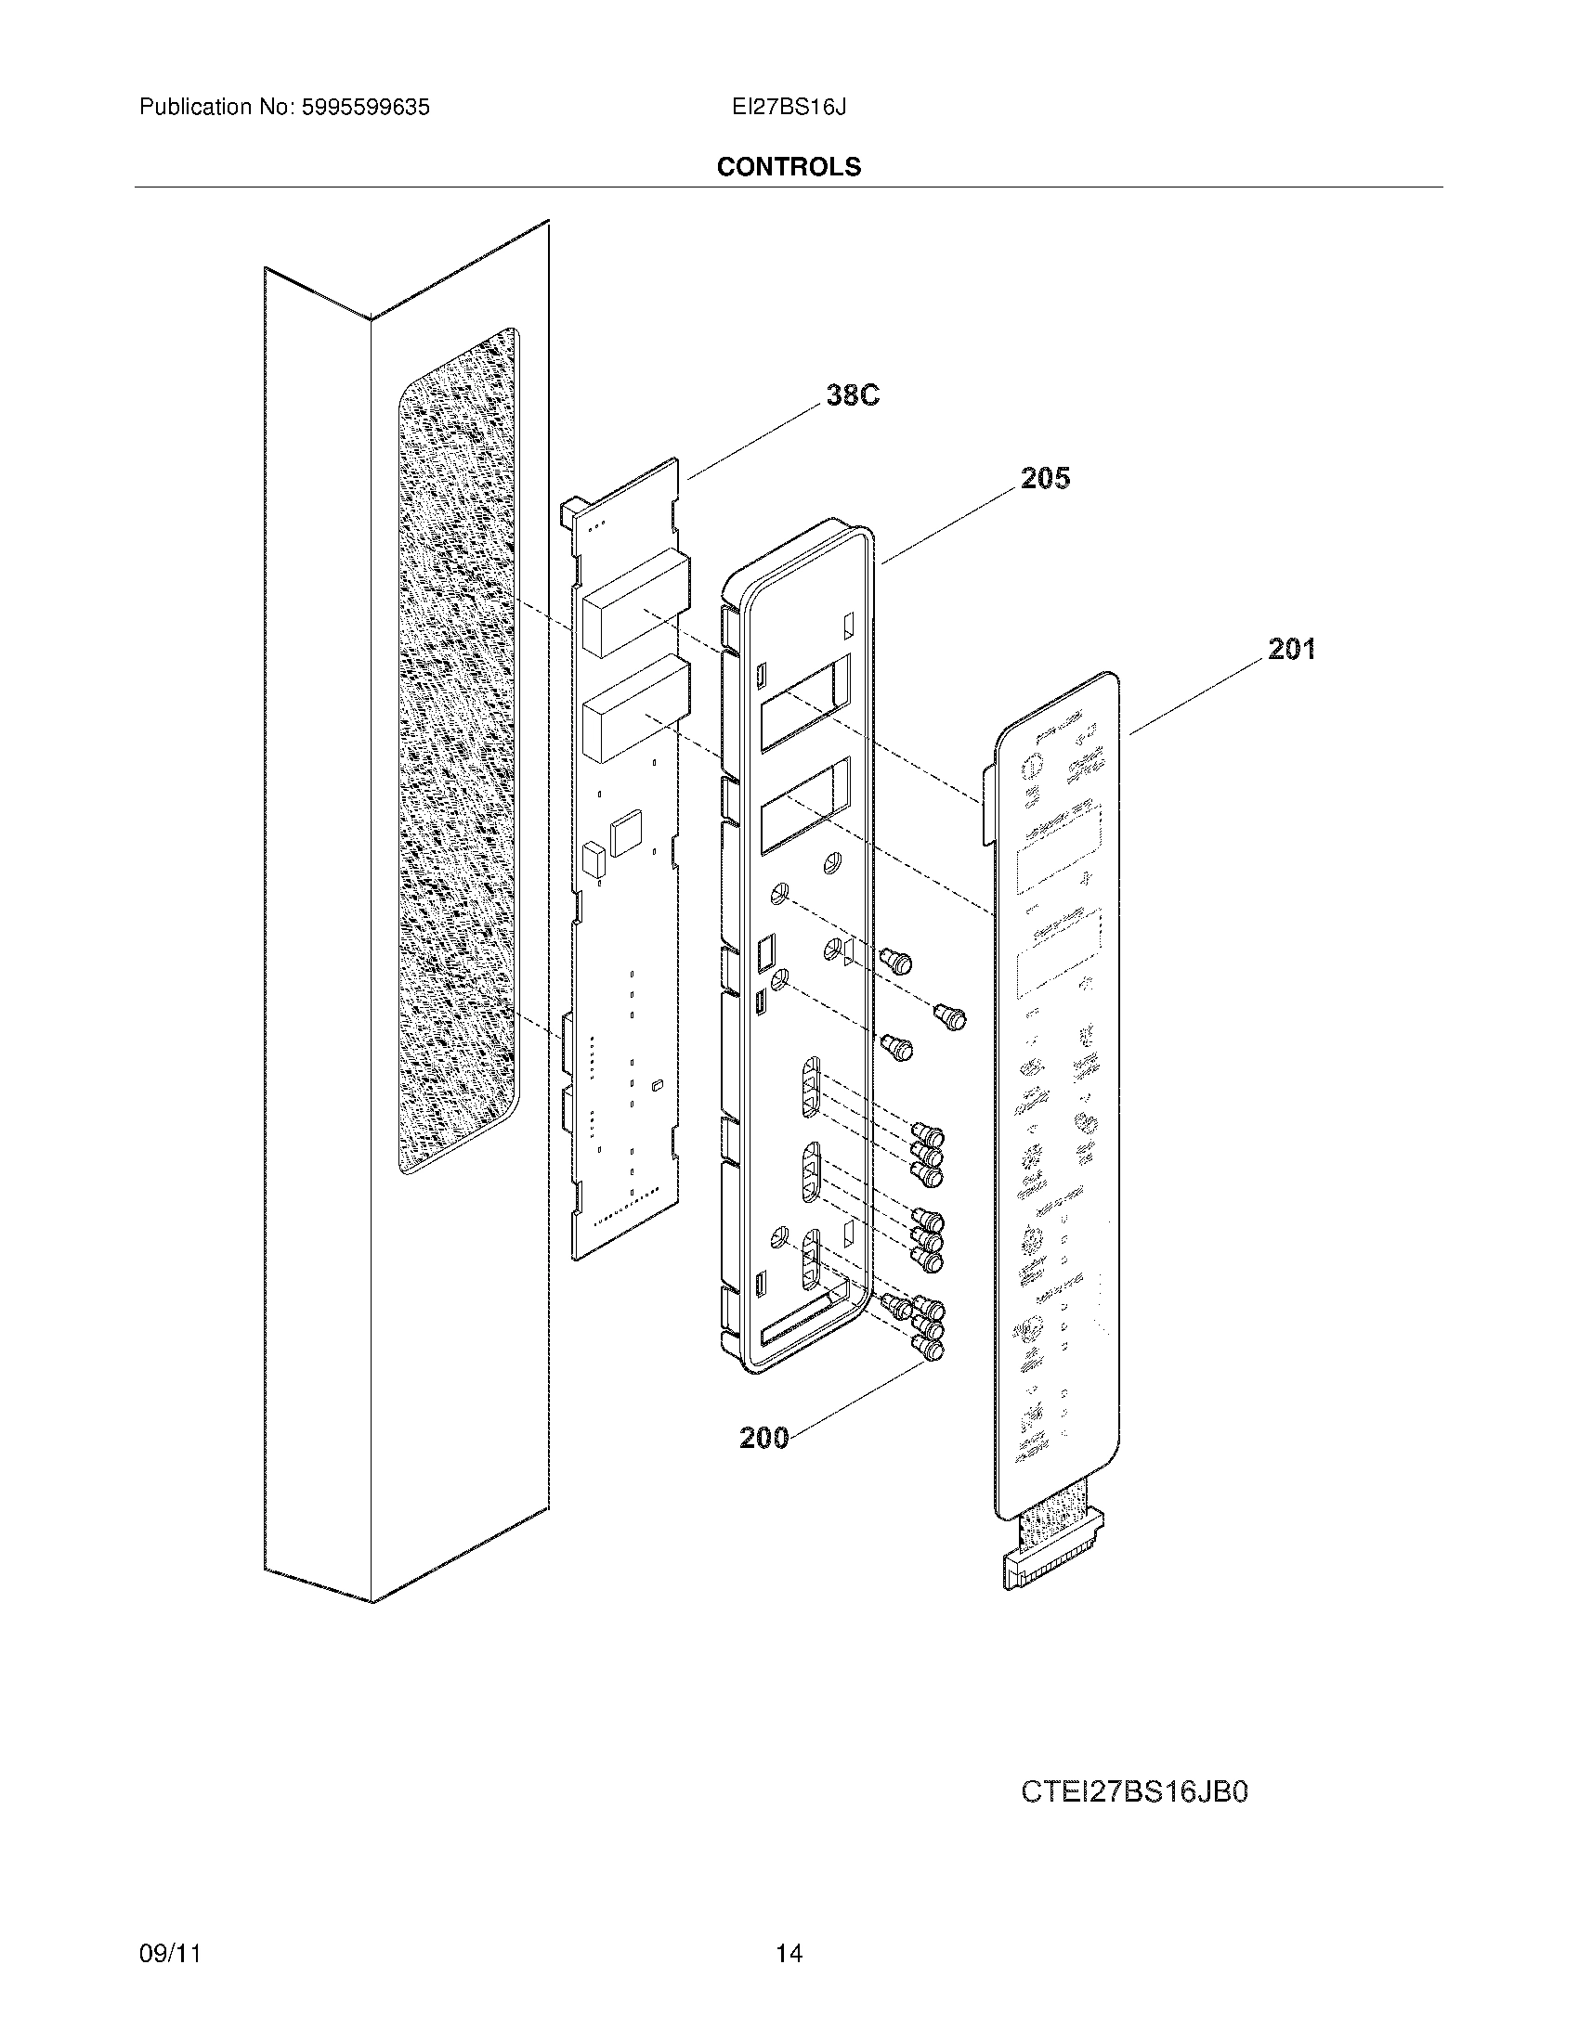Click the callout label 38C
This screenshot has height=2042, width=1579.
(x=852, y=395)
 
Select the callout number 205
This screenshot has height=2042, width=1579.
(x=1045, y=479)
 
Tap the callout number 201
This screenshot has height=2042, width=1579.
(x=1291, y=649)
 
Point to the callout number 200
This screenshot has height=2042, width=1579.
(x=763, y=1437)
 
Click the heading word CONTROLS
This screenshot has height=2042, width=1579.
(x=789, y=167)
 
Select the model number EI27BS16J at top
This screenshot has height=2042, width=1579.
(x=789, y=108)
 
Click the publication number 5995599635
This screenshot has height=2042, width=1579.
(x=365, y=108)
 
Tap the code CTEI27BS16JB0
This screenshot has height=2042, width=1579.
(x=1134, y=1792)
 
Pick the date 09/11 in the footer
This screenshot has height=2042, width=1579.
(x=169, y=1953)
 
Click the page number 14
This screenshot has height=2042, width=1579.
(x=789, y=1953)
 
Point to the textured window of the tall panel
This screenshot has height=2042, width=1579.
(x=457, y=748)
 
